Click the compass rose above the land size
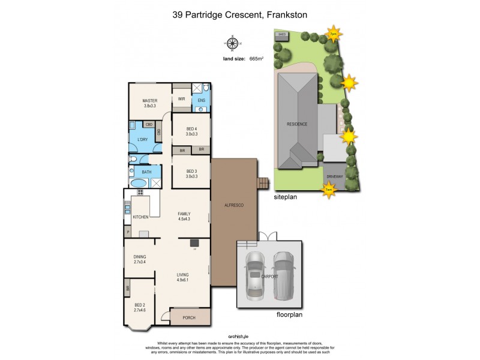pos(230,43)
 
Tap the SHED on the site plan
pos(281,35)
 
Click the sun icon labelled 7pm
pos(332,34)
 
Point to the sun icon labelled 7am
pos(328,190)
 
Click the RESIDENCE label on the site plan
pos(297,124)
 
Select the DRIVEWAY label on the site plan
pos(334,176)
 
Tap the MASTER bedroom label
pos(149,100)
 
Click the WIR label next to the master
pos(181,99)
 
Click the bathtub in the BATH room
pos(138,184)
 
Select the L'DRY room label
pos(143,139)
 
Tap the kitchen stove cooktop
pos(140,193)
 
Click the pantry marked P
pos(128,232)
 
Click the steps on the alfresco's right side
pos(262,183)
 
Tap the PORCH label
pos(190,318)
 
